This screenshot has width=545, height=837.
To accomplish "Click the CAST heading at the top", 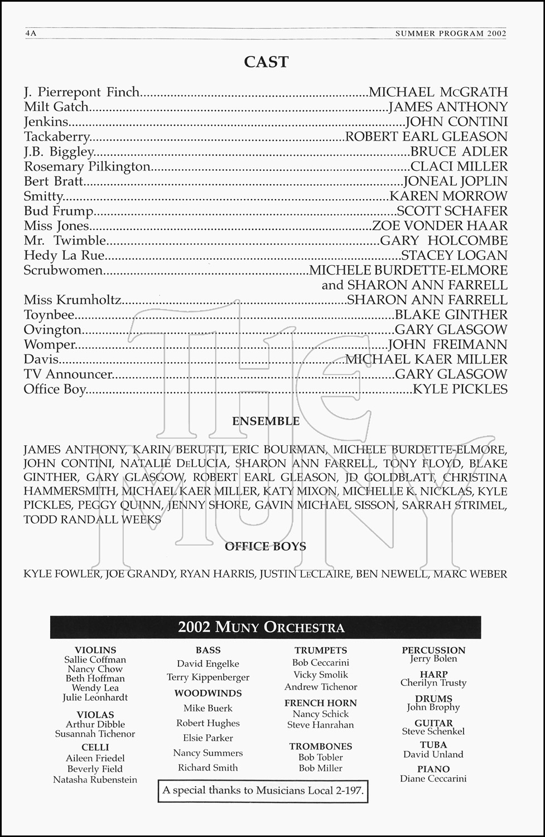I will coord(266,62).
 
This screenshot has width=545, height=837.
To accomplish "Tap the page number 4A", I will coord(31,33).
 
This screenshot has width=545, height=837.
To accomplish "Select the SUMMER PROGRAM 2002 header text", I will coord(451,33).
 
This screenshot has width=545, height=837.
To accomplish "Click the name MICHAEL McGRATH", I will coord(438,92).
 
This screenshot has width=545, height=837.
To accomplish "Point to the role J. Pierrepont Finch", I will coord(81,92).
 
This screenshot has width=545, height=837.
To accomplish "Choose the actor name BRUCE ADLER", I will coord(459,152).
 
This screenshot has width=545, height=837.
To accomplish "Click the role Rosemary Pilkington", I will coord(87,167).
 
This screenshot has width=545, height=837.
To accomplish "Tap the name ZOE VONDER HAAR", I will coord(440,226).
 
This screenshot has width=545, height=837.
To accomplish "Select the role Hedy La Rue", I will coord(64,256).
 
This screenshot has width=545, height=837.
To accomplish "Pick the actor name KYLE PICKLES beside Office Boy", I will coord(460,389).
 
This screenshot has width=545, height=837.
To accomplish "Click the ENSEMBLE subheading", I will coord(266,421).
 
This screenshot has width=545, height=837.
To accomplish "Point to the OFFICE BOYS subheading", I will coord(266,546).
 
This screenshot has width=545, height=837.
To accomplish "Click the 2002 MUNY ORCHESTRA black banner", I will coord(266,627).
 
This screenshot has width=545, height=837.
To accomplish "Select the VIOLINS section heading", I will coord(95,650).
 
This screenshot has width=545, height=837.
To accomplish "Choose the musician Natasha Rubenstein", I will coord(95,780).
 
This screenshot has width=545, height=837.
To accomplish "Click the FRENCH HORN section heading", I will coord(320,703).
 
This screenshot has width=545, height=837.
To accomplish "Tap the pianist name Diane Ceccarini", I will coord(433,778).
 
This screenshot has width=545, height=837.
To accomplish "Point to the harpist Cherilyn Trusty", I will coord(433,682).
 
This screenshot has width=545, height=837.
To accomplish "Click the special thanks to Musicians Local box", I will coord(263,790).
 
